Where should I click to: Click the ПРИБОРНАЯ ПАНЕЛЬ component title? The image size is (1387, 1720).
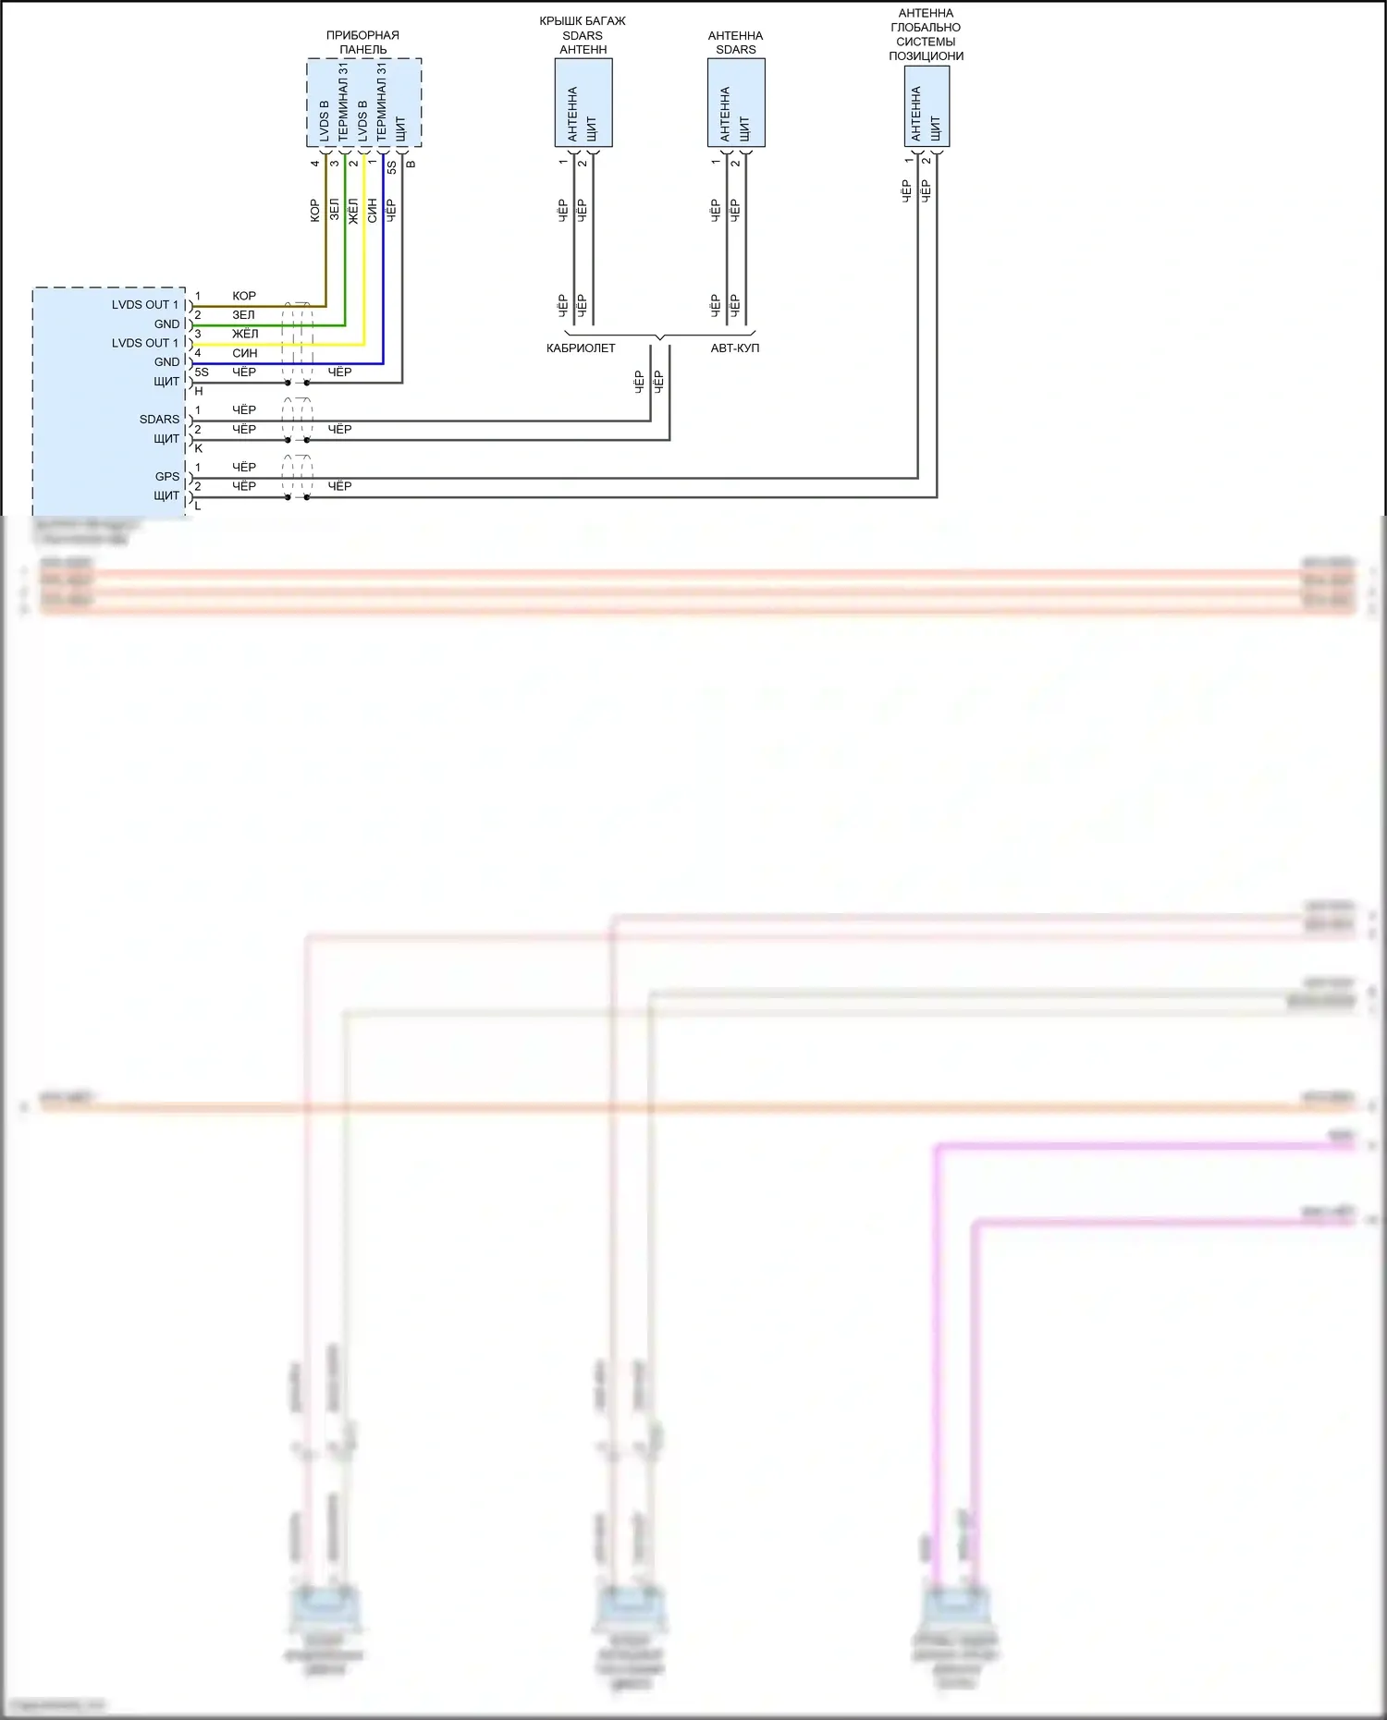click(362, 43)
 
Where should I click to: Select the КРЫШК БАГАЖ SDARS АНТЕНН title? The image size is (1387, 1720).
click(583, 35)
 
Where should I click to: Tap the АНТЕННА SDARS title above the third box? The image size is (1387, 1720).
click(735, 43)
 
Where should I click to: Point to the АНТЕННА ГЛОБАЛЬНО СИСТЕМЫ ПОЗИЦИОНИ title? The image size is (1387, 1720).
click(926, 35)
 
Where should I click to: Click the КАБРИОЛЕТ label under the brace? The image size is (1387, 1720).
click(581, 348)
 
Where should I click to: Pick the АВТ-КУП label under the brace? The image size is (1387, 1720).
click(734, 348)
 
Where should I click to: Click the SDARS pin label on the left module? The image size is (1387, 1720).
click(159, 420)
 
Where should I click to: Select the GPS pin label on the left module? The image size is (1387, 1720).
click(167, 477)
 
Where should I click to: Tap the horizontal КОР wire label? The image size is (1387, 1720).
click(244, 296)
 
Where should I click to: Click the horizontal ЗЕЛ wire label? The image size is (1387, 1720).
click(243, 315)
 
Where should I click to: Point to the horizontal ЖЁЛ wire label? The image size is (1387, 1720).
click(245, 334)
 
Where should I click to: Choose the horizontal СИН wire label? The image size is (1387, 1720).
click(244, 353)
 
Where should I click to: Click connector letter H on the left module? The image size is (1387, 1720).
click(199, 392)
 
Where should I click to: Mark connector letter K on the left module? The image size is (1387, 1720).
click(199, 448)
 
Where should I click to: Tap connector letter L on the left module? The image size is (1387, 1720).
click(198, 506)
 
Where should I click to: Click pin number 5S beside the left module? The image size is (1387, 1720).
click(202, 372)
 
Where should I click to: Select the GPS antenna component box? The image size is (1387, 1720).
click(927, 106)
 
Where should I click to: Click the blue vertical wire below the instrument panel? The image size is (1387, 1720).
click(383, 259)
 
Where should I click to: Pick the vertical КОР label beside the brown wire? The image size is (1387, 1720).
click(314, 210)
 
